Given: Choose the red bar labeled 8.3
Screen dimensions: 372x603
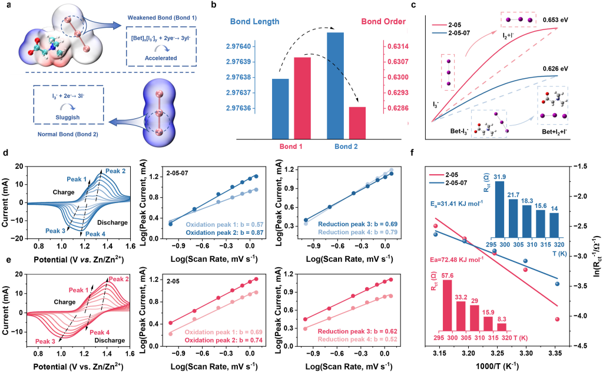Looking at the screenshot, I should tap(502, 327).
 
